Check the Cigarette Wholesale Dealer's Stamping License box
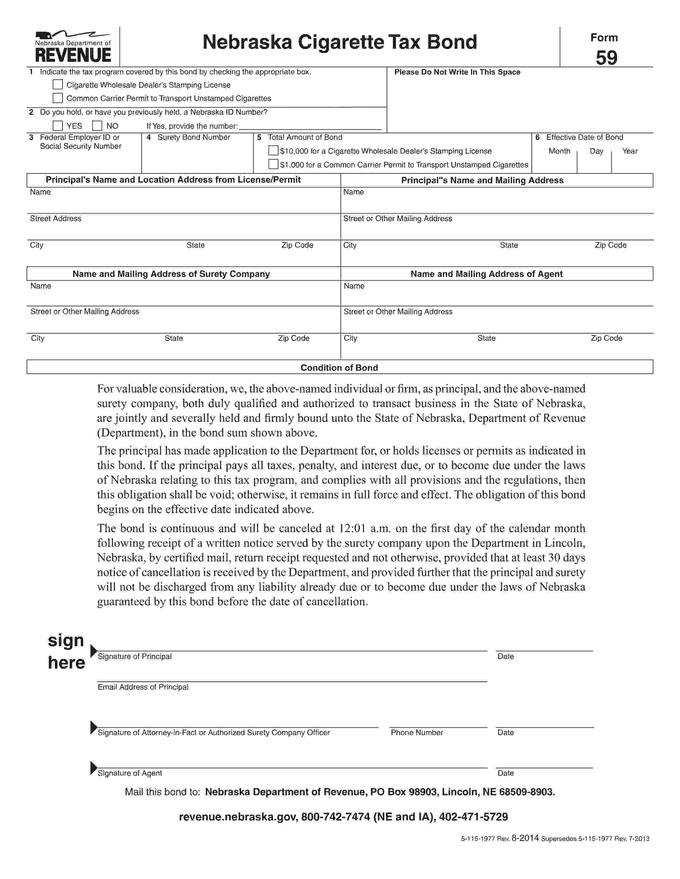[x=58, y=84]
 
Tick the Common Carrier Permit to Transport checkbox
[x=58, y=98]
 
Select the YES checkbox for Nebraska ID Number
[x=58, y=125]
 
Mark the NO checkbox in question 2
[x=97, y=125]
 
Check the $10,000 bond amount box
[x=273, y=150]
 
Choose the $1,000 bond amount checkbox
[x=273, y=164]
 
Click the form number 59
[x=606, y=58]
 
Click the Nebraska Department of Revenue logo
[x=73, y=47]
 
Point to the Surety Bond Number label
[x=193, y=137]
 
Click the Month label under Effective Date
[x=559, y=151]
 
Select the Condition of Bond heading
[x=339, y=368]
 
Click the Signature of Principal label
[x=135, y=656]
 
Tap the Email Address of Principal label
[x=143, y=687]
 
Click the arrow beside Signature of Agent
[x=93, y=767]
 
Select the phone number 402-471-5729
[x=473, y=817]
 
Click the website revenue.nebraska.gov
[x=238, y=817]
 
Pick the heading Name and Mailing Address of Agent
[x=486, y=274]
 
